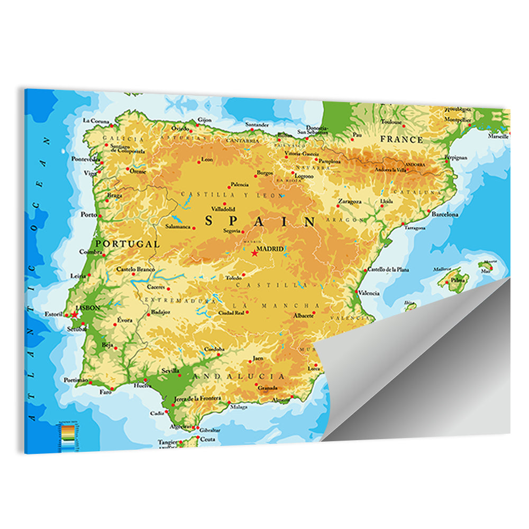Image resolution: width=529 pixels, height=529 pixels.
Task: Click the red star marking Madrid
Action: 254,253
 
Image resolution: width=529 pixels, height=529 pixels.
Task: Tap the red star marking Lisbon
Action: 75,315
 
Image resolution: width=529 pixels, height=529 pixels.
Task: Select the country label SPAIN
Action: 260,221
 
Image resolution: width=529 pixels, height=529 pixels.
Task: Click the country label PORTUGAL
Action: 127,244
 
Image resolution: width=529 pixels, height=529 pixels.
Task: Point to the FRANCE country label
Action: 402,140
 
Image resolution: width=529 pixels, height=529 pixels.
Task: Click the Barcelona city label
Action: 444,215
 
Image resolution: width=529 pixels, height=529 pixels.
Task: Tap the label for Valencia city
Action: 369,293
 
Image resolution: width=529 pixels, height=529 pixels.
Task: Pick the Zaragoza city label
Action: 350,202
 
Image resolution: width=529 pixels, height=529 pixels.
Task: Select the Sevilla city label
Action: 171,371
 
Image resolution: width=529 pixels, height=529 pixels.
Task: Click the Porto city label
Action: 88,215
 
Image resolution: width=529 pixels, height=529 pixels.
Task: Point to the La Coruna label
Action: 96,121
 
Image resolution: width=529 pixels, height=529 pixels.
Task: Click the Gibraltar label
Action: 210,430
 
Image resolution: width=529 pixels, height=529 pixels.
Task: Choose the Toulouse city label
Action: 391,121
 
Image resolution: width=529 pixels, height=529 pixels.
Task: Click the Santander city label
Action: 257,124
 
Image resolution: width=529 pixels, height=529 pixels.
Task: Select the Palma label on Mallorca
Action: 458,279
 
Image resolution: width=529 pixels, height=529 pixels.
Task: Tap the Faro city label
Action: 106,393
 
